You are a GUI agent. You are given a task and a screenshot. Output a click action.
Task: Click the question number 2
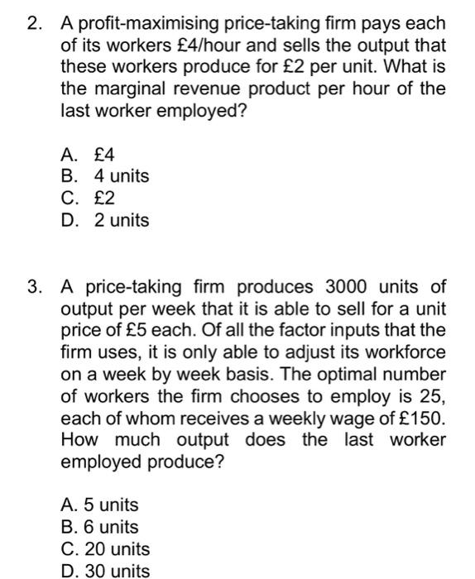point(33,22)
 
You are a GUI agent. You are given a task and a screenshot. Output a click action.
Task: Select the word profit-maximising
point(142,22)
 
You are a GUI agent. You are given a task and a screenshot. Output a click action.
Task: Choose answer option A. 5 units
point(99,505)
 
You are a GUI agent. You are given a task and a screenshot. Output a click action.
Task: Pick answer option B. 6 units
point(99,527)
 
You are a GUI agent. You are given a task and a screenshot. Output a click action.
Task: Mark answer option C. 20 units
point(105,548)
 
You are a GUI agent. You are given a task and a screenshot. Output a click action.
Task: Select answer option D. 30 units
point(105,570)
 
